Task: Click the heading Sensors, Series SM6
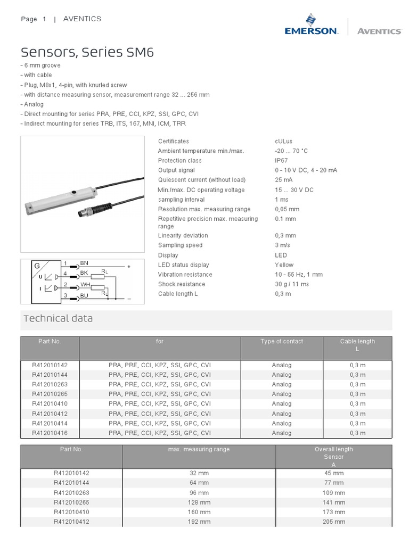[88, 52]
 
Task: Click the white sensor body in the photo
[59, 200]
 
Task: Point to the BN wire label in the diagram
[84, 263]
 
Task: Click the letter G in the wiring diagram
[37, 266]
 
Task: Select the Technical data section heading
[58, 318]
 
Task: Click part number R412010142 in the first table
[50, 365]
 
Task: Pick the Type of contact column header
[282, 342]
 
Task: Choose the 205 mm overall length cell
[334, 522]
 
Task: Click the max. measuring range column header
[199, 450]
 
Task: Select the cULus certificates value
[283, 142]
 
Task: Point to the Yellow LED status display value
[284, 265]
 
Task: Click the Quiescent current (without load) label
[201, 180]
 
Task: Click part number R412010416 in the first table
[50, 433]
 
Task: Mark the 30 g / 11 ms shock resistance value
[291, 284]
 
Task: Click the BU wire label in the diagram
[84, 295]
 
